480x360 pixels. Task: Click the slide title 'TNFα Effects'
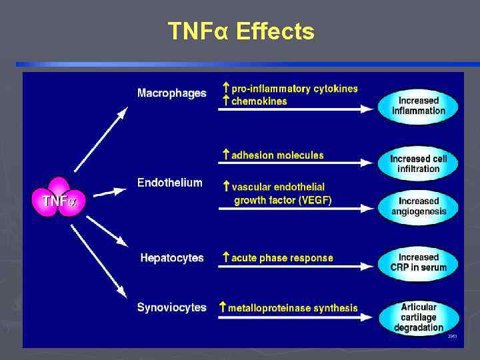point(241,31)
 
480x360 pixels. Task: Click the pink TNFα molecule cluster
point(59,197)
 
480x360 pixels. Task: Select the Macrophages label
point(171,93)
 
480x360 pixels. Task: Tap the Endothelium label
point(169,183)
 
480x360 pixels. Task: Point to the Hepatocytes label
point(172,258)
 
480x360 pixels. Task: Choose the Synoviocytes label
point(171,307)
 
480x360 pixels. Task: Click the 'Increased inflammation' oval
point(419,106)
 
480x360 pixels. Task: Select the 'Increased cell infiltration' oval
point(419,164)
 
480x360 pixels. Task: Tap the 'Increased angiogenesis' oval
point(419,207)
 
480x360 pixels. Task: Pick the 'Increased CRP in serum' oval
point(419,263)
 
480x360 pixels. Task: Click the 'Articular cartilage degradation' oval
point(419,317)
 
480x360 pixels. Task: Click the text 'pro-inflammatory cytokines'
point(294,89)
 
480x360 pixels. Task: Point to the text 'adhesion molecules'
point(277,155)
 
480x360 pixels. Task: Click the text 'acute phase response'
point(282,258)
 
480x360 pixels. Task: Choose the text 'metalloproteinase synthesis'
point(293,308)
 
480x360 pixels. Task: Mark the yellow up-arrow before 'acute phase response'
point(226,257)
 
